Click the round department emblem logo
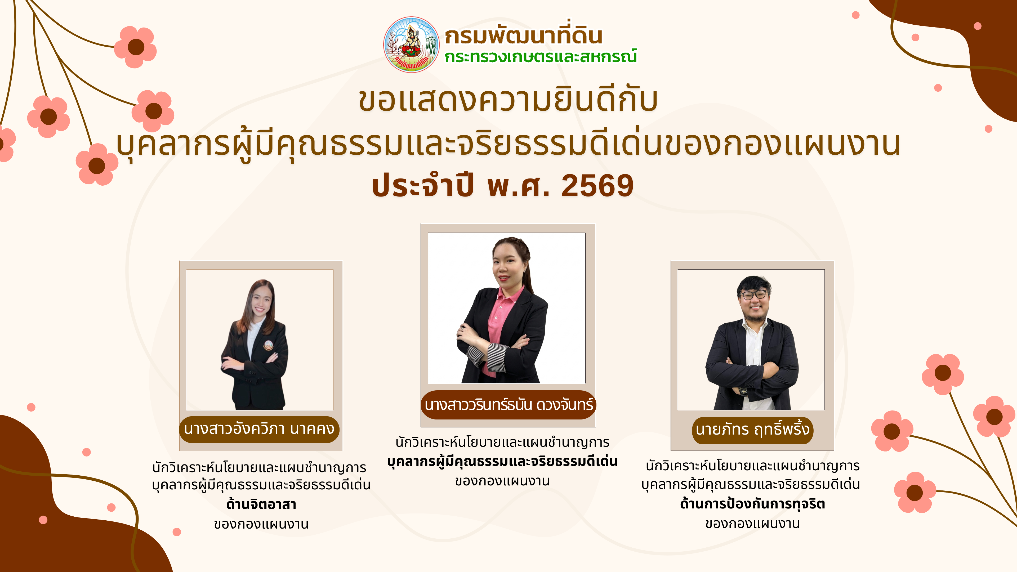[x=411, y=44]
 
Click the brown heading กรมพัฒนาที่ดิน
[x=524, y=35]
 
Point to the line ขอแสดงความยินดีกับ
[x=508, y=100]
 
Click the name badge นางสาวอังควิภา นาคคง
[x=259, y=429]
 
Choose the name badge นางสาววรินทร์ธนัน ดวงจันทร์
[x=508, y=405]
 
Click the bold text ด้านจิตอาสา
[x=261, y=504]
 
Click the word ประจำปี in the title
[x=422, y=186]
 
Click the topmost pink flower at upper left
[x=135, y=47]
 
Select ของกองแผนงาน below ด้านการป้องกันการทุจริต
[x=752, y=524]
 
